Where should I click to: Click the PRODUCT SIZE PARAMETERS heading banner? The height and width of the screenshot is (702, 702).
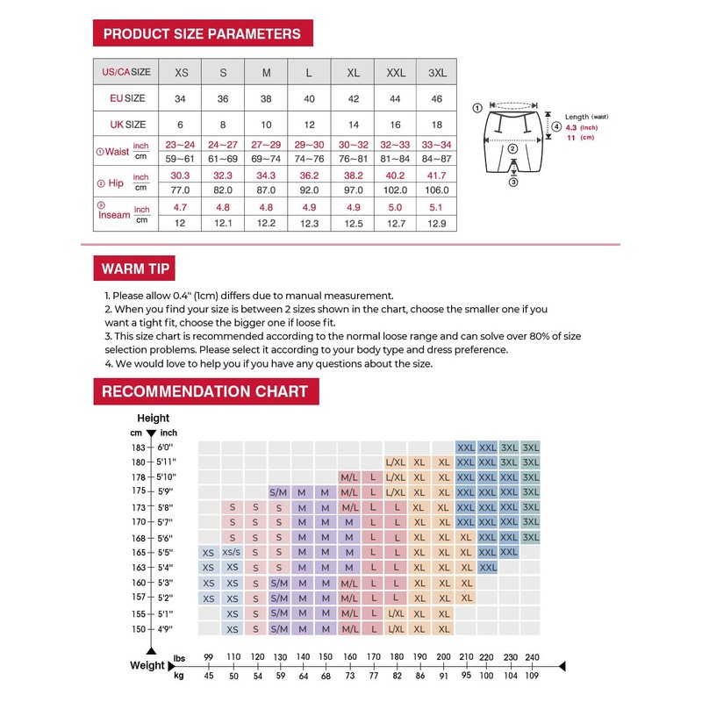pyautogui.click(x=203, y=33)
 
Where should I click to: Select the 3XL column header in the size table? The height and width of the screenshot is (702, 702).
pyautogui.click(x=437, y=73)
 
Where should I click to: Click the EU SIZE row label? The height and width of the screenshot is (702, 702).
pyautogui.click(x=127, y=98)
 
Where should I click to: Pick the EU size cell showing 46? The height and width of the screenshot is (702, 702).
pyautogui.click(x=436, y=98)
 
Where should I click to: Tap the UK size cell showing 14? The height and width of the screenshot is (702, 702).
pyautogui.click(x=354, y=125)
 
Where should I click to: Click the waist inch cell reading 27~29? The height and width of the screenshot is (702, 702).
pyautogui.click(x=266, y=145)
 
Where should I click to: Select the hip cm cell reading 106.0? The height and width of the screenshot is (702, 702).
pyautogui.click(x=436, y=190)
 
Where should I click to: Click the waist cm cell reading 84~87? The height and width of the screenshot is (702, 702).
pyautogui.click(x=436, y=159)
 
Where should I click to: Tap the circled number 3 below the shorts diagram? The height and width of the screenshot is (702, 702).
pyautogui.click(x=513, y=183)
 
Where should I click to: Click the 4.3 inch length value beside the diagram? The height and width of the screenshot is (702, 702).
pyautogui.click(x=571, y=127)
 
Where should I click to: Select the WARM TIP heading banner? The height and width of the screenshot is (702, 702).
pyautogui.click(x=134, y=269)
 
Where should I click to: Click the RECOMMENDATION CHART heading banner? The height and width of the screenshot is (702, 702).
pyautogui.click(x=206, y=391)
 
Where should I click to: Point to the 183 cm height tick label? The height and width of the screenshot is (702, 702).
pyautogui.click(x=139, y=448)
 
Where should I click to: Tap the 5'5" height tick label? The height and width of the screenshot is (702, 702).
pyautogui.click(x=165, y=552)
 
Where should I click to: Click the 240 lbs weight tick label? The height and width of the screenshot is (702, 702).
pyautogui.click(x=532, y=657)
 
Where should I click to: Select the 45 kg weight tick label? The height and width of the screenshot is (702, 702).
pyautogui.click(x=209, y=676)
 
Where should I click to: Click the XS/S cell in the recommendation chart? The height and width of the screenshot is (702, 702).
pyautogui.click(x=232, y=552)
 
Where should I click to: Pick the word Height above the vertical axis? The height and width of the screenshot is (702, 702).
pyautogui.click(x=153, y=419)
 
